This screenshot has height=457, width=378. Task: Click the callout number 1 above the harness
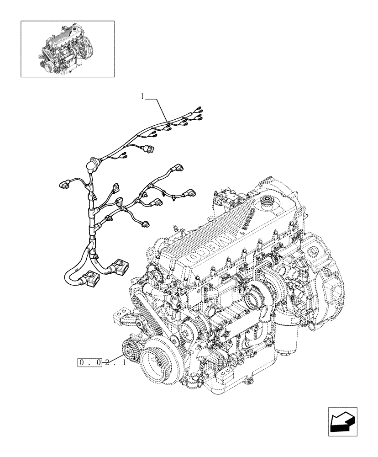pos(142,96)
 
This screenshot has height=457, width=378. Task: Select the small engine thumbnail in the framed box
pos(68,48)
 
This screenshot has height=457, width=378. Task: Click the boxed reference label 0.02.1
pos(91,363)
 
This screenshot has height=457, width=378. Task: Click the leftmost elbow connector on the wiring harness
pos(63,183)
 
